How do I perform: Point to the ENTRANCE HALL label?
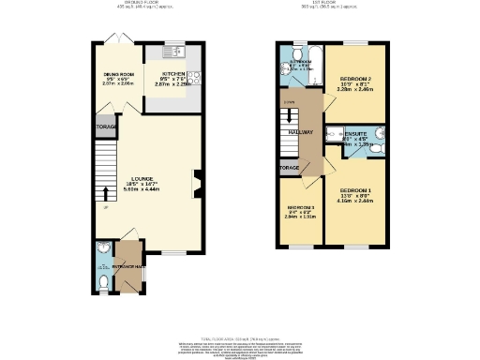[x=125, y=268]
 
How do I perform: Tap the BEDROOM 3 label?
[x=300, y=206]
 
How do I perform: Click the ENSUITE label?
[x=356, y=134]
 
